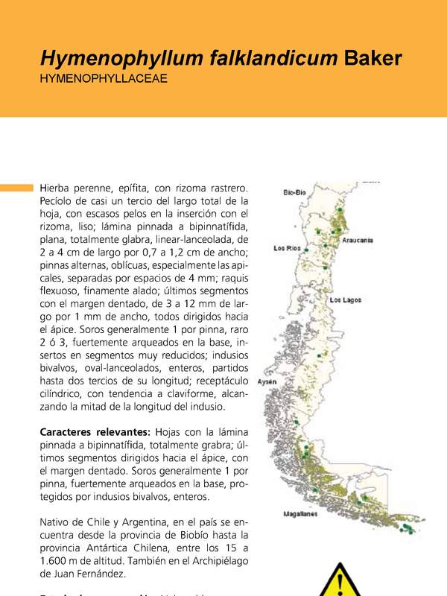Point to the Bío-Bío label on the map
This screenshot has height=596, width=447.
click(294, 192)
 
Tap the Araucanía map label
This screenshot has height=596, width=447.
click(358, 241)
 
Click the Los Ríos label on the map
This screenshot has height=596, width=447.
click(288, 248)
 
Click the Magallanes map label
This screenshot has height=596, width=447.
click(300, 513)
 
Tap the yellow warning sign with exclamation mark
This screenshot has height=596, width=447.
click(340, 580)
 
